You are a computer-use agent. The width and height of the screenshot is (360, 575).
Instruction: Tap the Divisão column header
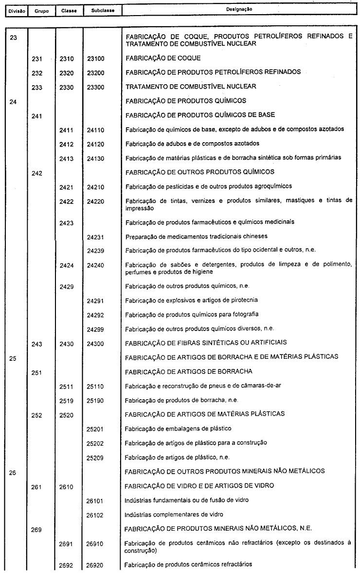click(14, 10)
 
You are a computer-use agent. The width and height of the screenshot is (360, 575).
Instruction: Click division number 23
click(14, 37)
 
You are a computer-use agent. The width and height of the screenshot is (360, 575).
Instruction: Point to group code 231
click(37, 58)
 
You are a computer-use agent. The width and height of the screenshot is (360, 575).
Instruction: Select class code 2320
click(66, 72)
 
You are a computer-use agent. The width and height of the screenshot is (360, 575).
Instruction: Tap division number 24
click(14, 101)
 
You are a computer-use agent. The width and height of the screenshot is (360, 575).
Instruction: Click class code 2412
click(66, 144)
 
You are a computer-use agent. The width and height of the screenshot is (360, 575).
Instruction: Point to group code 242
click(37, 172)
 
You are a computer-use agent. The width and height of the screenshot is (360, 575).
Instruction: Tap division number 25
click(14, 357)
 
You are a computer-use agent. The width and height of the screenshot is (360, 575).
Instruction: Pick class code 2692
click(66, 565)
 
